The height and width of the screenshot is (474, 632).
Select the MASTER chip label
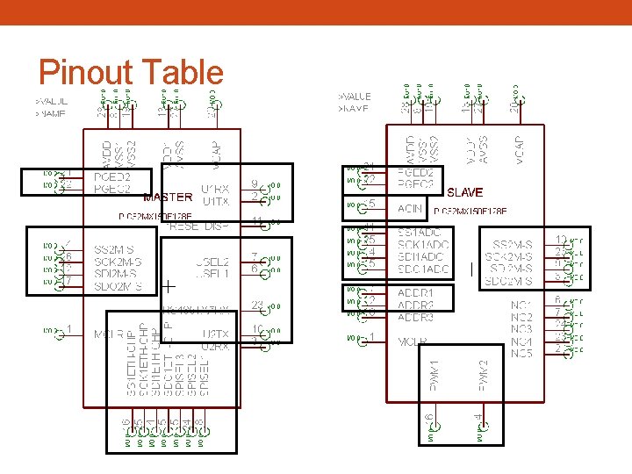[167, 197]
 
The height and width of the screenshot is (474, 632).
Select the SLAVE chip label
[464, 192]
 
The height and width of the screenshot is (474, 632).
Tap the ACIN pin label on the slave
[410, 209]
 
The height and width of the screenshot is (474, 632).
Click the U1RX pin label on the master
[216, 188]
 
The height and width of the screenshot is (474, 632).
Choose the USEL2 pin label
[213, 262]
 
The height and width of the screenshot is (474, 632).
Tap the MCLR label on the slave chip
[413, 341]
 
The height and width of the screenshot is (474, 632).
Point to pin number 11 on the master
[257, 220]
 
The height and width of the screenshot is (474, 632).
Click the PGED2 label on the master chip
[111, 176]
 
